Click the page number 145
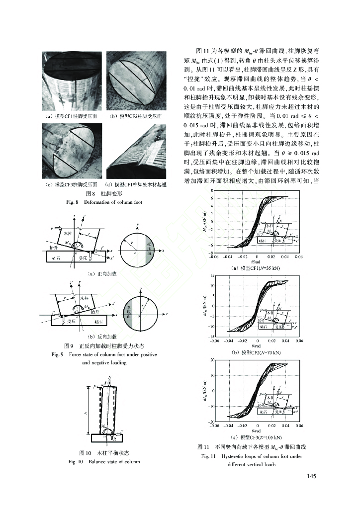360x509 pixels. (311, 477)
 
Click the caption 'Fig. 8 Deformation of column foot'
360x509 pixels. (94, 202)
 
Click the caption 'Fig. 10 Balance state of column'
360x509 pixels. (104, 462)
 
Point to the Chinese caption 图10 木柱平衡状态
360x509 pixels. (104, 453)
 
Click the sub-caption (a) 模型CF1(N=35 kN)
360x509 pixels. (257, 268)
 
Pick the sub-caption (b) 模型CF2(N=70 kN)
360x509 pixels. (257, 352)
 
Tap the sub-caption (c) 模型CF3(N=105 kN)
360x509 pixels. (257, 436)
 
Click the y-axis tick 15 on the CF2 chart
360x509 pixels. (212, 275)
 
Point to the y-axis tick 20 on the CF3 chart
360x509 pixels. (212, 359)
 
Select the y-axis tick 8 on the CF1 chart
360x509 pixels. (212, 191)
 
